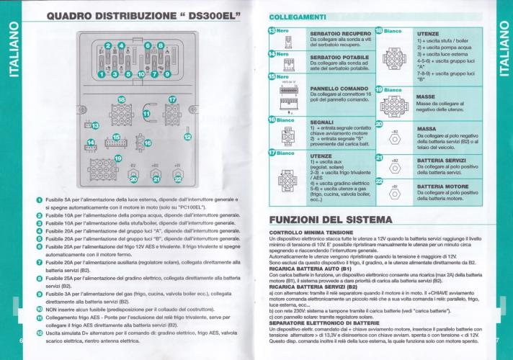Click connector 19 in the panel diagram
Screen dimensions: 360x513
pyautogui.click(x=103, y=169)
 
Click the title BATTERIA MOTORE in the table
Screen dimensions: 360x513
pyautogui.click(x=446, y=186)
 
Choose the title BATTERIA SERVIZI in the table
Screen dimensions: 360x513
pyautogui.click(x=446, y=160)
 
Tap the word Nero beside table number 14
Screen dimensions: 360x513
pyautogui.click(x=282, y=54)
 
